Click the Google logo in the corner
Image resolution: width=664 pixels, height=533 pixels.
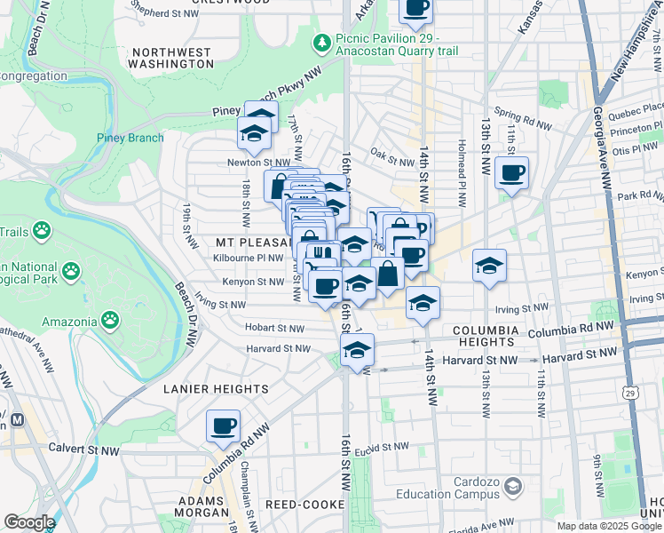click(x=28, y=522)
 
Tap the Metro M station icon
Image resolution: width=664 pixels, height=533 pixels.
click(x=14, y=418)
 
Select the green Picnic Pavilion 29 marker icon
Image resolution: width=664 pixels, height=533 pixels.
click(x=321, y=42)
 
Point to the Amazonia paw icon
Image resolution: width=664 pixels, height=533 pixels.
click(x=109, y=318)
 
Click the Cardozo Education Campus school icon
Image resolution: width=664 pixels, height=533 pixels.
click(x=512, y=486)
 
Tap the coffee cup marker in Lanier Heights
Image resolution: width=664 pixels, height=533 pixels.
click(x=224, y=425)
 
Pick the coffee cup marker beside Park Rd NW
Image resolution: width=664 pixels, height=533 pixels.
click(x=511, y=173)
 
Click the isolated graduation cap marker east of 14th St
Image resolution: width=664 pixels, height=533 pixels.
click(x=489, y=266)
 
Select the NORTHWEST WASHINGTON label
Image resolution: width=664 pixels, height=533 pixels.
click(x=170, y=58)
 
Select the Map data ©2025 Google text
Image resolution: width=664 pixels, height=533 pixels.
click(x=608, y=526)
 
